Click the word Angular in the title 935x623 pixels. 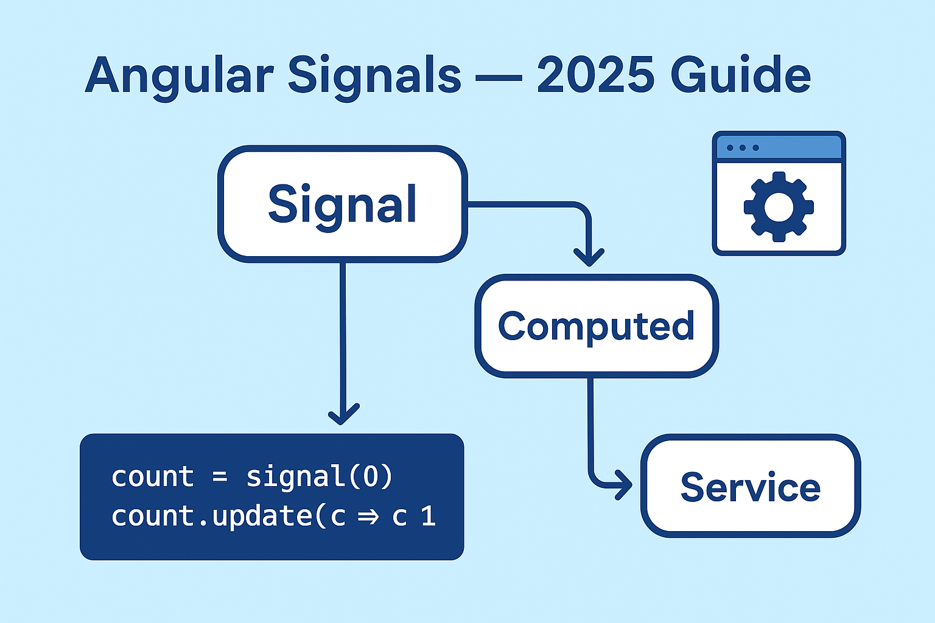point(179,75)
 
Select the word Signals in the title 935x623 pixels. point(374,75)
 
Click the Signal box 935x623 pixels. point(342,204)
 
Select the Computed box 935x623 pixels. point(596,326)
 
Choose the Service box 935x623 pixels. point(750,487)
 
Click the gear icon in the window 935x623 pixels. point(779,207)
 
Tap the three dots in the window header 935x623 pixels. point(742,148)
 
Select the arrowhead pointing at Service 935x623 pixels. point(623,485)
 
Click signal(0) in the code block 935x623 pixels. point(320,476)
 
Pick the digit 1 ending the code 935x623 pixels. point(429,517)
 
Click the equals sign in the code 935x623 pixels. point(220,477)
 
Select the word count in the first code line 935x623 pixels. point(152,476)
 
